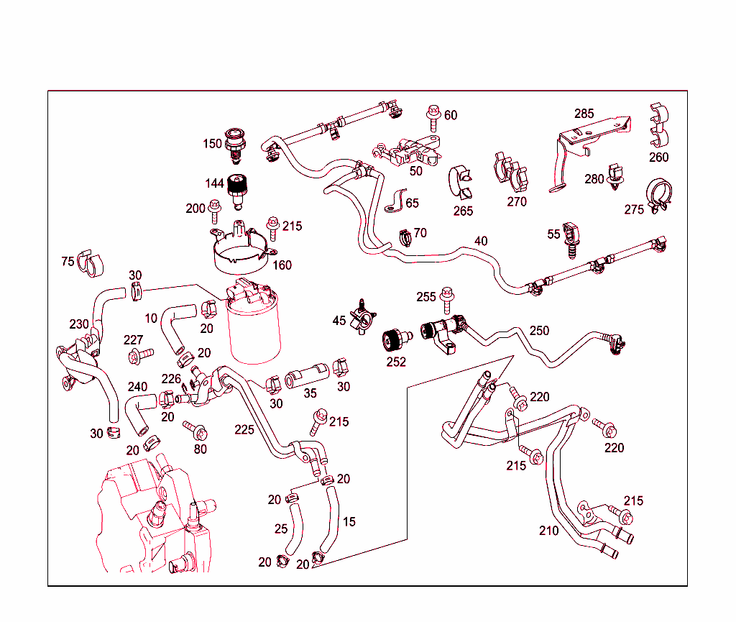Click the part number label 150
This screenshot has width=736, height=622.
click(212, 144)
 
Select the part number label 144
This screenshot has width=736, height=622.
click(214, 184)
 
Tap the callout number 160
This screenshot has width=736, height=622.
click(282, 265)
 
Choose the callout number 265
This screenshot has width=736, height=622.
click(464, 211)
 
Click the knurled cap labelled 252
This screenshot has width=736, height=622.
click(395, 339)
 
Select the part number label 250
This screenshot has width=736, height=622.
click(539, 331)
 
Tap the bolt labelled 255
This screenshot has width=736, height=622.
click(447, 295)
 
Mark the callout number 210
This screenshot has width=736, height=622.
click(548, 531)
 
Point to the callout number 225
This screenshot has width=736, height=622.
click(244, 430)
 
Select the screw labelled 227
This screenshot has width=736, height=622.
click(140, 355)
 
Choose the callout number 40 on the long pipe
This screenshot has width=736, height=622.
click(481, 241)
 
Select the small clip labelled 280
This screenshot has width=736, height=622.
click(615, 178)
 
